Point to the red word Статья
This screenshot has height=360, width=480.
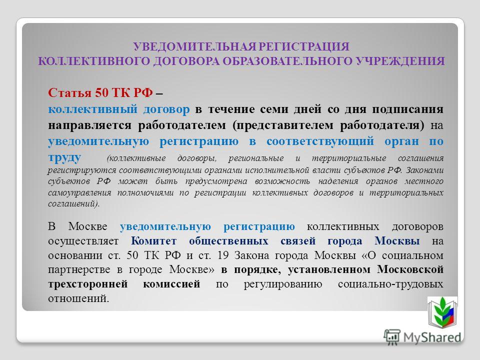tap(70, 92)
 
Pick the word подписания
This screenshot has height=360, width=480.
tap(408, 109)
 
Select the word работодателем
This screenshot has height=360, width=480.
tap(182, 125)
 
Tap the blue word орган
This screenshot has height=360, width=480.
tap(401, 141)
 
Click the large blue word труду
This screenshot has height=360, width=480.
tap(64, 157)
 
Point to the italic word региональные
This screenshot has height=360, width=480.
tap(256, 158)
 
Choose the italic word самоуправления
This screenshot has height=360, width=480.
tap(79, 193)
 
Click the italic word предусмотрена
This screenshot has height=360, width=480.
tap(216, 181)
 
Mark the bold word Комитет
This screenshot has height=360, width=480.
tap(153, 241)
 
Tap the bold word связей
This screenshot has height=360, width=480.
tap(298, 241)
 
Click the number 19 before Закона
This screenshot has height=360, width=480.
tap(223, 255)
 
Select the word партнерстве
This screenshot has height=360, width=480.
tap(79, 269)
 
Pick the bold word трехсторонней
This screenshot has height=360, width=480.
tap(88, 284)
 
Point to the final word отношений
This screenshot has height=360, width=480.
tap(78, 298)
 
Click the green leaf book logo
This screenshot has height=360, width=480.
tap(442, 312)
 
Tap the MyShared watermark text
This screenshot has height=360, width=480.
tap(432, 337)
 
